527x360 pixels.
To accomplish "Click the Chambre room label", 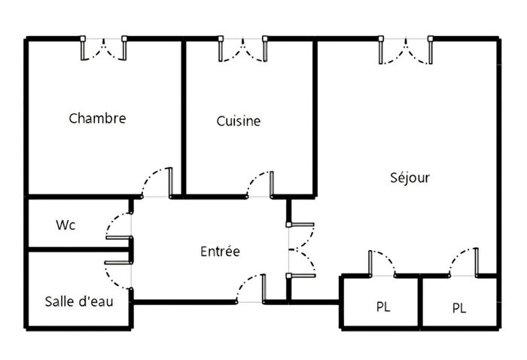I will [x=97, y=118].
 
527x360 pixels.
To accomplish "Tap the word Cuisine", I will [x=239, y=121].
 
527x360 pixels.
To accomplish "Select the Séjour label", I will [x=410, y=178].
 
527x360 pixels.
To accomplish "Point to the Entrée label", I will [x=220, y=251].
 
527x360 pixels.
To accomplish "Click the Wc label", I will [x=65, y=225].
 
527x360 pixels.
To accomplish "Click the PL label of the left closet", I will [x=384, y=307].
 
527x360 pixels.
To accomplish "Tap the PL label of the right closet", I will [x=459, y=308].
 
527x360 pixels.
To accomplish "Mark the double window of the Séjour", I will [x=407, y=47].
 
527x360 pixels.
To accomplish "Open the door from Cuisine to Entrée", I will [x=260, y=185].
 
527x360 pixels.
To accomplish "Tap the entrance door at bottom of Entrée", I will [x=251, y=289].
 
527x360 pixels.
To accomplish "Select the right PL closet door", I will [x=463, y=262].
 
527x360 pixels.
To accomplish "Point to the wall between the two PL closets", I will [x=420, y=301].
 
